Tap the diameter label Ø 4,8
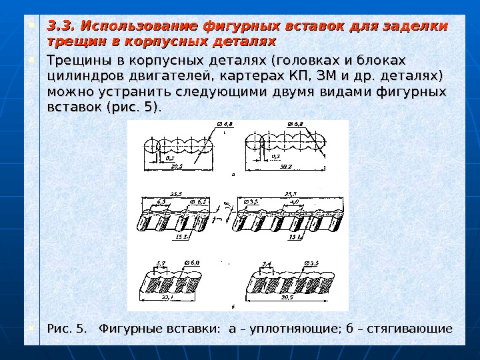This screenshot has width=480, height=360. click(x=226, y=124)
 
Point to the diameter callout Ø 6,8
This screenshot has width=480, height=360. click(x=295, y=124)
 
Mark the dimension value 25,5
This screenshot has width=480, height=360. click(x=177, y=194)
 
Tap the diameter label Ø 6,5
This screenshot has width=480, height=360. click(x=197, y=201)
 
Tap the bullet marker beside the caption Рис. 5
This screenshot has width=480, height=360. click(x=32, y=328)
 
